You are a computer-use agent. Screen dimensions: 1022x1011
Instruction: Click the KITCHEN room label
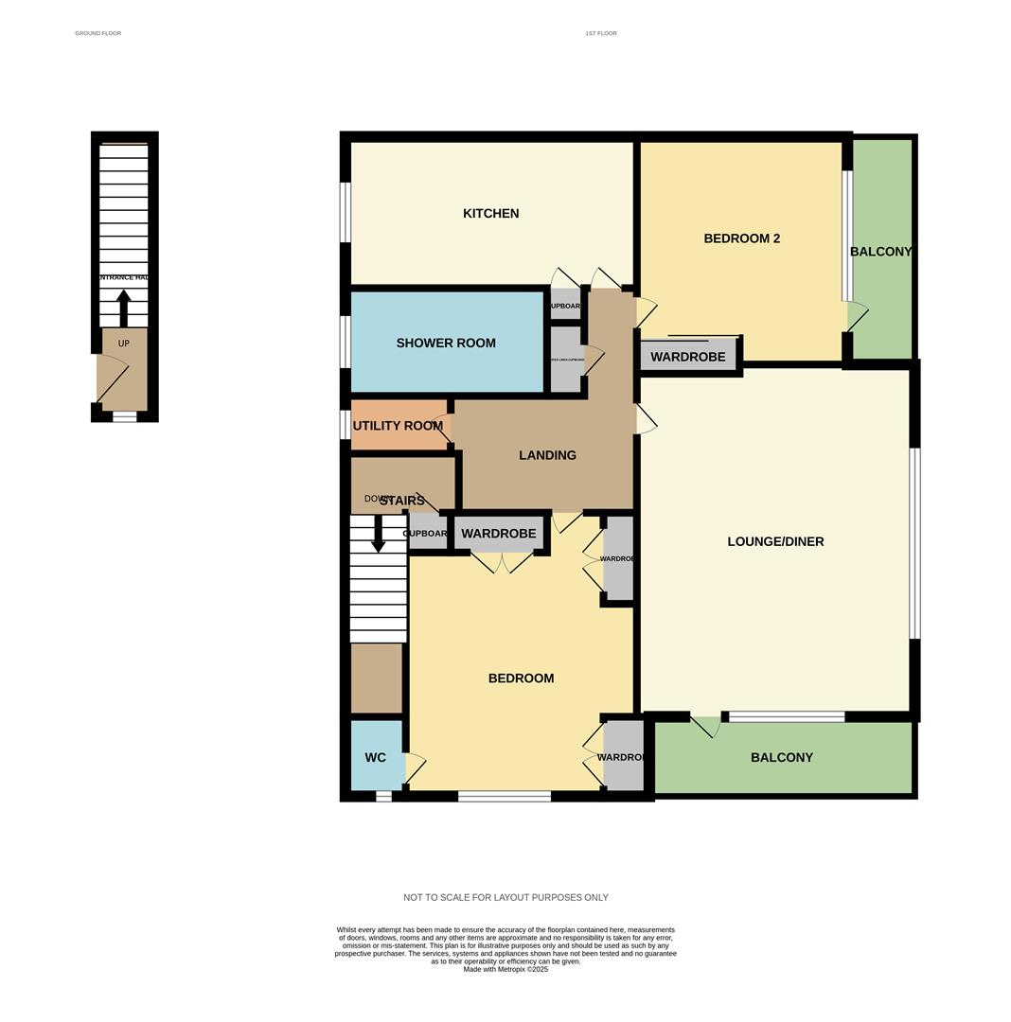(x=490, y=214)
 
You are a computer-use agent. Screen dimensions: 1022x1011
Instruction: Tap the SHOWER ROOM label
(x=446, y=344)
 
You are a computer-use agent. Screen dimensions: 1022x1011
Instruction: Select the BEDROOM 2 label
(x=741, y=238)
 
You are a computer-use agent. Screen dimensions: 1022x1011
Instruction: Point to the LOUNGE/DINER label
(x=775, y=542)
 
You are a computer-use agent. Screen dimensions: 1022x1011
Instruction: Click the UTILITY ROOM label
(x=398, y=426)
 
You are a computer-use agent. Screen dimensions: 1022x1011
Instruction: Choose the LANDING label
(x=547, y=455)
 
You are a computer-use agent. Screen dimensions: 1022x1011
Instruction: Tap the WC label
(x=376, y=758)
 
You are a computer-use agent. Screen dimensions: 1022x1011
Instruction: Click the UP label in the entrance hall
(x=123, y=344)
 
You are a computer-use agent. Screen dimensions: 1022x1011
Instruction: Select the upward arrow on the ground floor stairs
(x=123, y=308)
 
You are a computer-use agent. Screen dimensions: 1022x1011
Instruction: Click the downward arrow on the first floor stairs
(x=378, y=534)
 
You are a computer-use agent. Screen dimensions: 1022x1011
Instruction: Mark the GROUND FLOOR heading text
(x=98, y=33)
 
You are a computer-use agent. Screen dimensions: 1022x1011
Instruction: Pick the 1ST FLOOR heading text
(x=600, y=33)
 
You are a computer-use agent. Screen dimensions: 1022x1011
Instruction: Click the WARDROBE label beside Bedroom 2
(x=688, y=357)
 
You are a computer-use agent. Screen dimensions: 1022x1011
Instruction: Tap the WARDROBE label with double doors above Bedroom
(x=499, y=534)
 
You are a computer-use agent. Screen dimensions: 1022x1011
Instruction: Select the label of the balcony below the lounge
(x=782, y=758)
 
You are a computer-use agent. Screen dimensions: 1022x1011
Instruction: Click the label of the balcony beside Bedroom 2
(x=881, y=252)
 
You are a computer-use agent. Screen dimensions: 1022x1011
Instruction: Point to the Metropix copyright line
(x=505, y=969)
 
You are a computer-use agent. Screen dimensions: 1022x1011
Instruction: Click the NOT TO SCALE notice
(x=505, y=897)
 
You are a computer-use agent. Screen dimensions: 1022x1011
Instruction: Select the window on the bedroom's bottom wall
(x=505, y=797)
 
